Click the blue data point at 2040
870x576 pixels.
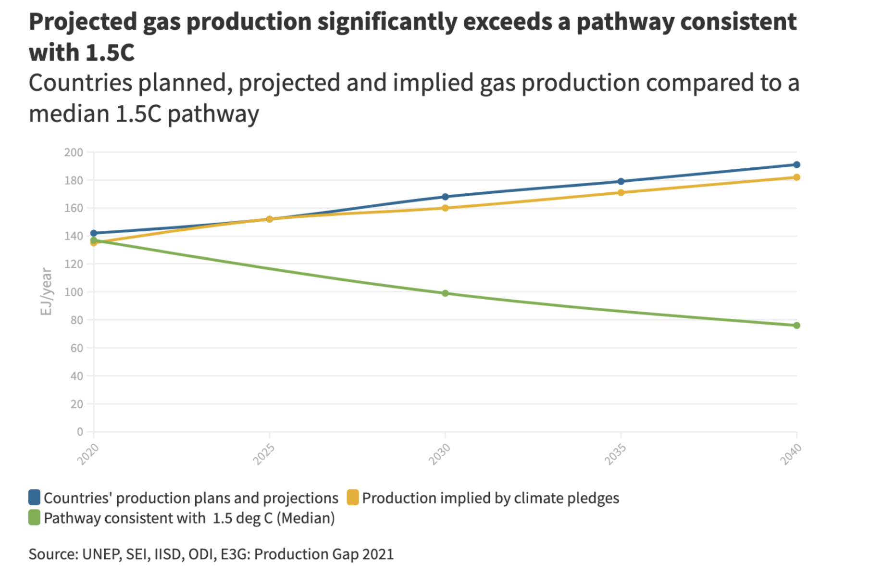tap(796, 165)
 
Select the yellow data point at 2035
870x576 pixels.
tap(621, 193)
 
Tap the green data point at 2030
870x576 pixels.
tap(445, 293)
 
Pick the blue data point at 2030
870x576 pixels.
tap(445, 197)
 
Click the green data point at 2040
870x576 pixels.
tap(796, 326)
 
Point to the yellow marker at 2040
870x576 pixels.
tap(796, 177)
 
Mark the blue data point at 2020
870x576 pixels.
tap(94, 233)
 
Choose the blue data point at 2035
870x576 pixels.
tap(621, 181)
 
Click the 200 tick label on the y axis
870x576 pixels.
tap(74, 152)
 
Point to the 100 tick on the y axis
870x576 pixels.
tap(74, 292)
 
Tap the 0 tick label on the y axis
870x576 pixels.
tap(80, 432)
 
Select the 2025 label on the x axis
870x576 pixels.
tap(264, 454)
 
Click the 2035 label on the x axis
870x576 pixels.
tap(615, 454)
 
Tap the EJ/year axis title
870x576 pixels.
tap(46, 291)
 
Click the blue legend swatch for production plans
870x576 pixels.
tap(34, 498)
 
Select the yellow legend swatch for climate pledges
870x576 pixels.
tap(353, 498)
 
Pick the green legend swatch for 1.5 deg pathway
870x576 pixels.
tap(34, 518)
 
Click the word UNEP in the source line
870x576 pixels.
tap(101, 554)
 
